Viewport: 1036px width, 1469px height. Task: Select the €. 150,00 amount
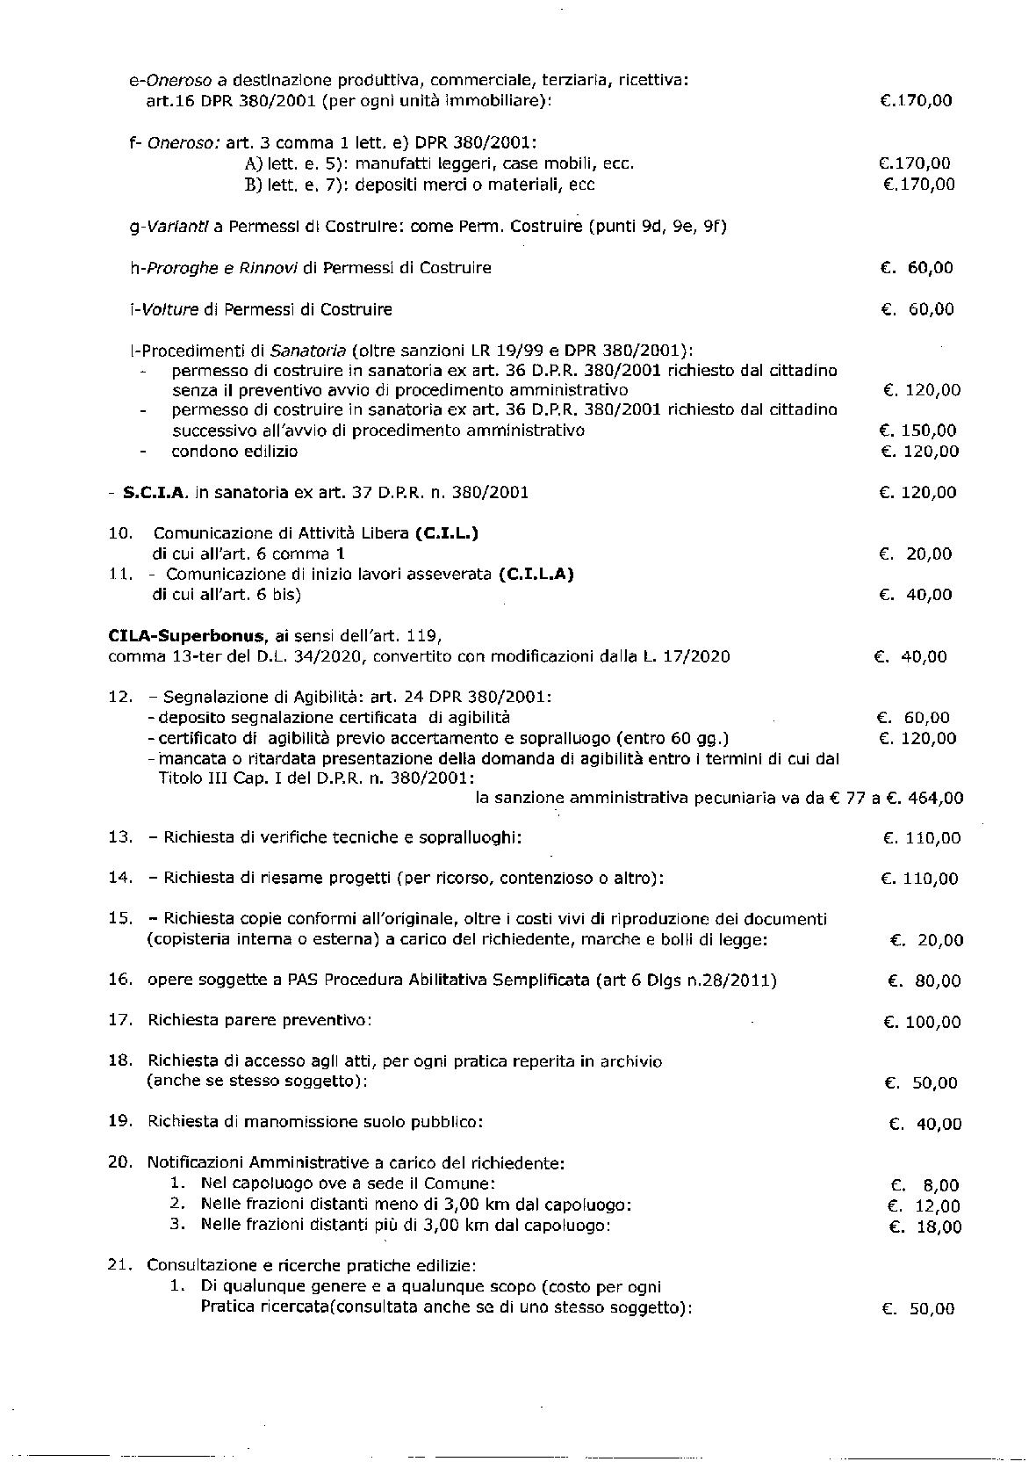tap(917, 431)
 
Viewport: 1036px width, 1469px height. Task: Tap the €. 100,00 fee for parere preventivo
tap(922, 1022)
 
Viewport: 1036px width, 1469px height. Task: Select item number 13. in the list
tap(120, 837)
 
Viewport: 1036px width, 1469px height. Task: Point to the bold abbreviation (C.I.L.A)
tap(535, 575)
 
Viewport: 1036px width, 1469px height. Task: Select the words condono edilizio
tap(234, 452)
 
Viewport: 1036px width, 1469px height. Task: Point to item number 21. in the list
tap(120, 1266)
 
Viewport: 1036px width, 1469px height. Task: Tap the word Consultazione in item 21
tap(197, 1266)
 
